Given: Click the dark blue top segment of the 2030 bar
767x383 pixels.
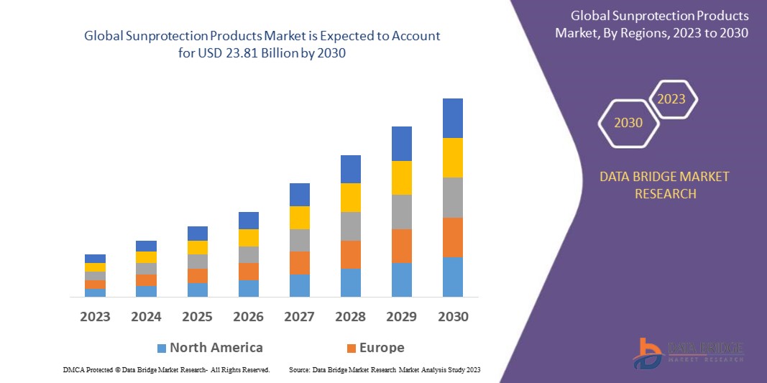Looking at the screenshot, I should pos(452,118).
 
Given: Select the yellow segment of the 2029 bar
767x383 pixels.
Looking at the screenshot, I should pos(401,177).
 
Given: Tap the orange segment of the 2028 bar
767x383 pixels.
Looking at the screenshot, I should pos(350,254).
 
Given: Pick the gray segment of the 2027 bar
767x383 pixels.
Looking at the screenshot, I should pos(299,240).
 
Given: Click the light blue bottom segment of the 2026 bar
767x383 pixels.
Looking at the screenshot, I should pos(249,288).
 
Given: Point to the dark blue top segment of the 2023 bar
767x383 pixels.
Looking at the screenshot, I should pos(95,259).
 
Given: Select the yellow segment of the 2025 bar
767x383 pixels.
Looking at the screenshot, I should pos(197,247).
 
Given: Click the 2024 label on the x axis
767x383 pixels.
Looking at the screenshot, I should pos(146,317).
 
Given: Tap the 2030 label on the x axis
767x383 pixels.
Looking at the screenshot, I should pos(452,317).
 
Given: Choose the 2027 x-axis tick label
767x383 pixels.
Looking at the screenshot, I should pos(299,317).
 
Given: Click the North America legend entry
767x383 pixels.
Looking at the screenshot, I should pos(216,348).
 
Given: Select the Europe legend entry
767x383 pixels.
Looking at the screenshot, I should pos(382,348).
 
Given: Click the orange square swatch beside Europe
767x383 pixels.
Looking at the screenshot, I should pos(352,349).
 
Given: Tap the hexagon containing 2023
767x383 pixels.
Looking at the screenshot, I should pos(671,99).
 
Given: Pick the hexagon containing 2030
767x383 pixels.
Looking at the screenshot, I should pos(628,123).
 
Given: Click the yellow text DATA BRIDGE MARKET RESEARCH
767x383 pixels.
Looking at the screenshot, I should pos(664,185).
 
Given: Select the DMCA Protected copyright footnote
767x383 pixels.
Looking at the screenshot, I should pos(166,369).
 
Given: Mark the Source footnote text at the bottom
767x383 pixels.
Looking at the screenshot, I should pos(384,369).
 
